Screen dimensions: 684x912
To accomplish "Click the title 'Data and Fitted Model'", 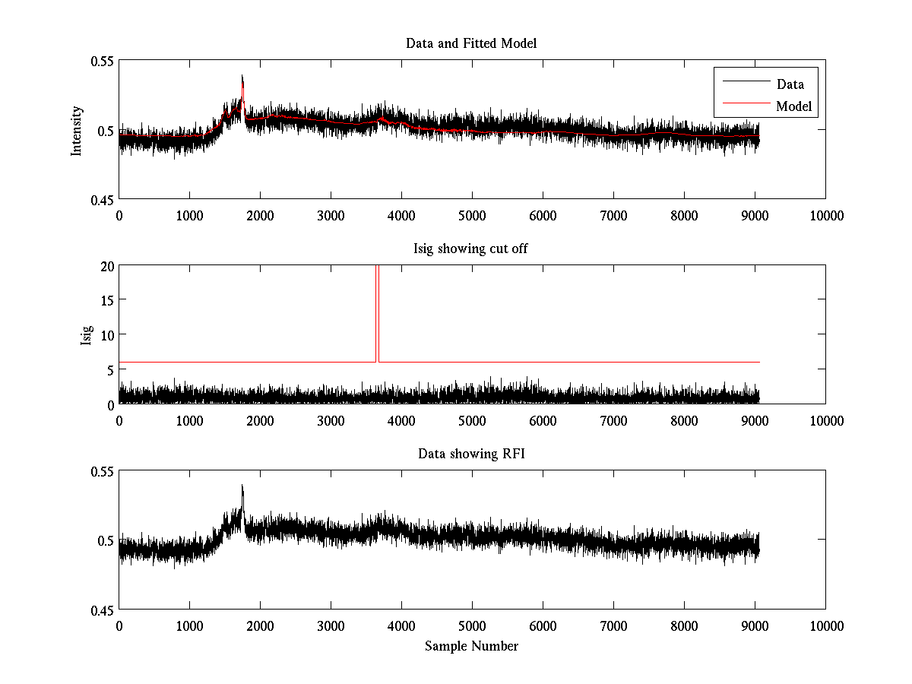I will click(x=471, y=43).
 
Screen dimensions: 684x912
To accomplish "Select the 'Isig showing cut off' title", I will click(x=471, y=249).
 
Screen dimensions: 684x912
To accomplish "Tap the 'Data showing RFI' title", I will click(x=471, y=454).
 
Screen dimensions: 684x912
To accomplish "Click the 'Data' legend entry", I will click(x=790, y=84).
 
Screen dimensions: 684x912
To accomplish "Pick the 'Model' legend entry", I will click(x=793, y=106).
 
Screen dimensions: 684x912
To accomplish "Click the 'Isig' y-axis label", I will click(x=85, y=335).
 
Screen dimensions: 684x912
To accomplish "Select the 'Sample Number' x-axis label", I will click(x=471, y=646).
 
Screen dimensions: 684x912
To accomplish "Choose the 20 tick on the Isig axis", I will click(x=106, y=266).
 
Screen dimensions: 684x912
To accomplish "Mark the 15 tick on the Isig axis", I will click(x=106, y=300).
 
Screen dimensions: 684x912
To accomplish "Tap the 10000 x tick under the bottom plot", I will click(x=825, y=626).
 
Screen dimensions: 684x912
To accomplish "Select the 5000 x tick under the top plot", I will click(x=472, y=216).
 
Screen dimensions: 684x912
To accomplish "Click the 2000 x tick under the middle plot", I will click(x=260, y=421).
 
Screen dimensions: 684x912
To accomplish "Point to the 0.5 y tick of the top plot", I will click(x=105, y=130).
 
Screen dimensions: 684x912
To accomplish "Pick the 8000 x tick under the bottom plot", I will click(x=684, y=626).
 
